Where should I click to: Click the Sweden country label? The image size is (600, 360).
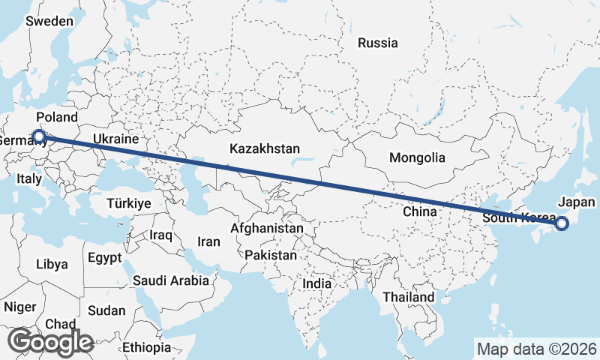pos(49,21)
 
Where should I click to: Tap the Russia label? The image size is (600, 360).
pos(377,43)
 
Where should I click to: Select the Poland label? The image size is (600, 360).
pos(57,117)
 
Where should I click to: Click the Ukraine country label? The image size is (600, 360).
pos(116,139)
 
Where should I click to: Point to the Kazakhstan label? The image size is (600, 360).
pos(265,148)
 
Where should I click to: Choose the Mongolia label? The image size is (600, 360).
pos(417,157)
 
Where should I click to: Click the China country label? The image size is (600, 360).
pos(419,211)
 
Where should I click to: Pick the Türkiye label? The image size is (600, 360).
pos(129,203)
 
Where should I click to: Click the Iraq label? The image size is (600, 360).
pos(161,235)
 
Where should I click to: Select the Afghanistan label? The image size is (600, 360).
pos(267,227)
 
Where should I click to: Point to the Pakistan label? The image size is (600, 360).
pos(271,255)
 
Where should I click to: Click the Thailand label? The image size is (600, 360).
pos(408,297)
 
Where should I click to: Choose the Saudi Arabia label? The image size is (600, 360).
pos(172,280)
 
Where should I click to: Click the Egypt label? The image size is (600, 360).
pos(104,257)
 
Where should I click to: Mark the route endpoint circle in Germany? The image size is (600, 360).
pos(38,136)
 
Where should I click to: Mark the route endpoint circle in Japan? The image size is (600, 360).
pos(562,222)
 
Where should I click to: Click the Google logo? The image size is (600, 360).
pos(51,341)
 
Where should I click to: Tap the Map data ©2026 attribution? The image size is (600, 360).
pos(536,349)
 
